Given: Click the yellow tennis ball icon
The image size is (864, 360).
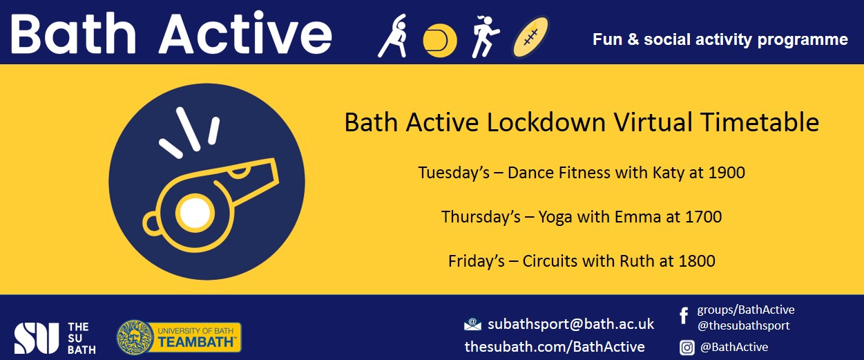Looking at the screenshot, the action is [x=440, y=41].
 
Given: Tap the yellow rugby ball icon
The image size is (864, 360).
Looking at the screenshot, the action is [x=530, y=37].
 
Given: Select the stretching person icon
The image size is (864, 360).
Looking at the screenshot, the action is [x=393, y=36].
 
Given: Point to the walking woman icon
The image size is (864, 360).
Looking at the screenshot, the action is [x=485, y=37].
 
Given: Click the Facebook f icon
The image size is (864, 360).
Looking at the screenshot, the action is [x=684, y=316].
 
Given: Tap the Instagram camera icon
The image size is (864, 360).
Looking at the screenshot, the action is [x=687, y=348].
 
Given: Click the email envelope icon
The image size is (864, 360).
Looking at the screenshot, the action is [x=472, y=325].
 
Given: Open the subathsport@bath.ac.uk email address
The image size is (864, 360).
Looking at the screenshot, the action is [x=571, y=324].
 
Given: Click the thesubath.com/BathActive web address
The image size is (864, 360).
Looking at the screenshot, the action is [x=555, y=346].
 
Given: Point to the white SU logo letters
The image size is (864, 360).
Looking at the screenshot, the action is [x=36, y=338].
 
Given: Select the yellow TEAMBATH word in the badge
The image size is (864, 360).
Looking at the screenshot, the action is [x=196, y=342].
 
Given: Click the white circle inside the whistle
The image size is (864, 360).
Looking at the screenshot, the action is [x=195, y=213].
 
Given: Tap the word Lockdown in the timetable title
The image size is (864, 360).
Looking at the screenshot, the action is [x=546, y=122].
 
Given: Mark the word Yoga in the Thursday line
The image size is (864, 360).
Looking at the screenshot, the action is [x=555, y=218].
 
